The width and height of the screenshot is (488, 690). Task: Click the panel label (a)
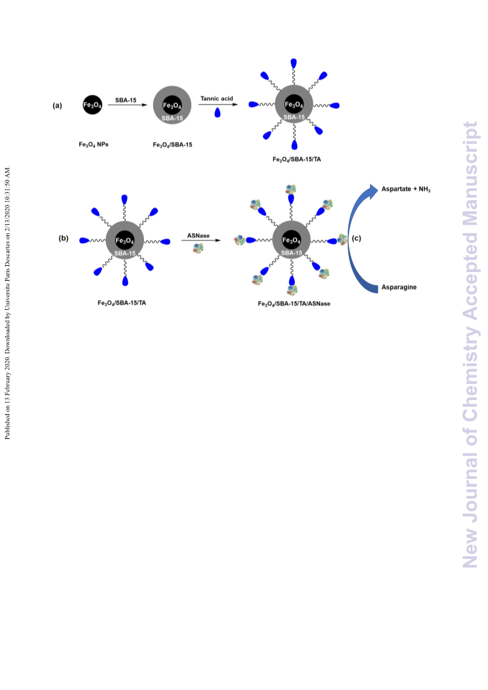pos(57,106)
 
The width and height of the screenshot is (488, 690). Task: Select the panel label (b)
pos(63,238)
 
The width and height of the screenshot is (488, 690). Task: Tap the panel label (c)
pos(356,238)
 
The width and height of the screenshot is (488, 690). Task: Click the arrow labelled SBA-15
pos(127,105)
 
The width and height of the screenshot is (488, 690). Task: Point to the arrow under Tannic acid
pos(218,105)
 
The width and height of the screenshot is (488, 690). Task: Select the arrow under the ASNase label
pos(201,240)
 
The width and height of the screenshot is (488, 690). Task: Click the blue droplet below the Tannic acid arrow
pos(217,113)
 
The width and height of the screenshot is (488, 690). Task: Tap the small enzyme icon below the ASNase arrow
pos(198,249)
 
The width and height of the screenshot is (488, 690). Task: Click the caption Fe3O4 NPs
pos(94,144)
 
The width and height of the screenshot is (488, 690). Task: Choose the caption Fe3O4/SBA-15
pos(172,145)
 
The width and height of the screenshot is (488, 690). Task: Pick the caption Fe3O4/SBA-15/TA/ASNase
pos(294,303)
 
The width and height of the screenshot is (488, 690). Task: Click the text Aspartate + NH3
pos(406,189)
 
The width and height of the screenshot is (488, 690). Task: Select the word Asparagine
pos(399,287)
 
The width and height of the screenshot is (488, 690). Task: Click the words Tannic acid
pos(217,98)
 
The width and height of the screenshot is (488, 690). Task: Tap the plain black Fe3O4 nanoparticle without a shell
pos(92,105)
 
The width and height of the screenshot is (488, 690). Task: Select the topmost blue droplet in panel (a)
pos(294,63)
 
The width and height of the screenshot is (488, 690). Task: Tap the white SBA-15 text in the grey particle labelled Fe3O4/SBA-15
pos(172,118)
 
